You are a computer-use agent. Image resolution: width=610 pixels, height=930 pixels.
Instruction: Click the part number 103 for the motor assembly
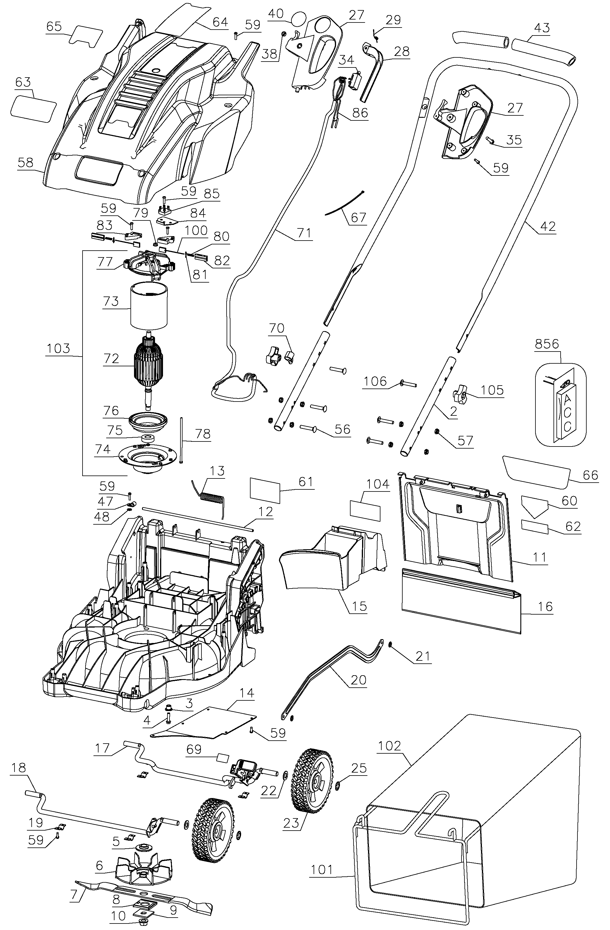click(x=58, y=349)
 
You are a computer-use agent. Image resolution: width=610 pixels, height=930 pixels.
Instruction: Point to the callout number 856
click(x=547, y=344)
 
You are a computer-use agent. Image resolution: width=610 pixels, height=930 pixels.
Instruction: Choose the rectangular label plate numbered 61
click(x=265, y=491)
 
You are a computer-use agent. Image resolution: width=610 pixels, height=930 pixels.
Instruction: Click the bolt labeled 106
click(x=408, y=385)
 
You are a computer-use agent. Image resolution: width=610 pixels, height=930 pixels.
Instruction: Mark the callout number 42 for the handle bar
click(x=548, y=226)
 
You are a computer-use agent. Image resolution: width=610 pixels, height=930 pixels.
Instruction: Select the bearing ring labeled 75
click(x=149, y=438)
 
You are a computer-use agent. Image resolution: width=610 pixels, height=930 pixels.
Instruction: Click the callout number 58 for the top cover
click(x=25, y=162)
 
